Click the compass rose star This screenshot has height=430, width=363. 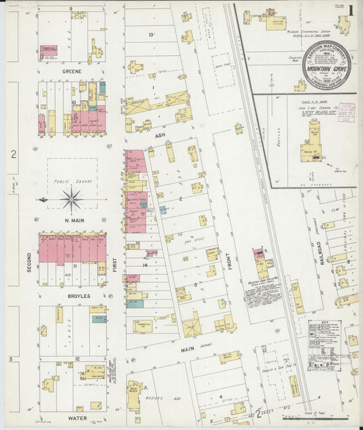click(x=72, y=199)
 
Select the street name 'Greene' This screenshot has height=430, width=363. click(x=72, y=71)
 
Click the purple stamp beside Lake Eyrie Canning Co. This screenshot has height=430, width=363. click(x=347, y=112)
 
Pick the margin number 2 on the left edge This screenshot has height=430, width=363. click(x=13, y=154)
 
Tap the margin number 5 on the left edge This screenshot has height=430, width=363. click(x=10, y=358)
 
